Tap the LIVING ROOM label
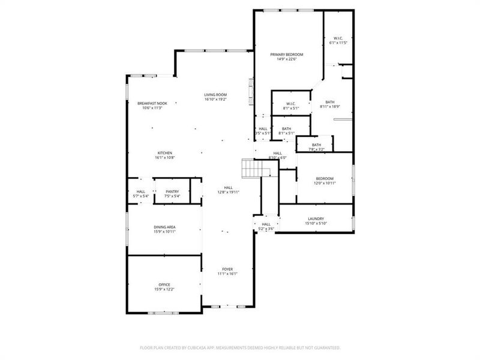tap(215, 95)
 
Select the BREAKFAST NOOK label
tap(152, 103)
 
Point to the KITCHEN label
tap(165, 153)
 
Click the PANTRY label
tap(172, 191)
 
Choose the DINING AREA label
tap(164, 227)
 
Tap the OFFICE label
tap(164, 284)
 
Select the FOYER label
tap(227, 269)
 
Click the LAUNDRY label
tap(316, 219)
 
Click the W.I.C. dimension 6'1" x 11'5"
tap(338, 43)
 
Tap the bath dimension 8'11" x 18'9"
tap(330, 107)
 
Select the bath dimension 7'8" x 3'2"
tap(316, 149)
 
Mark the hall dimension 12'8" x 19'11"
tap(228, 192)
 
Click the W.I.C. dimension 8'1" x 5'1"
tap(291, 108)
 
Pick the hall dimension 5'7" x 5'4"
tap(140, 196)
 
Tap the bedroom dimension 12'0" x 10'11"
tap(325, 183)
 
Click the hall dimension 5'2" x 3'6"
tap(266, 229)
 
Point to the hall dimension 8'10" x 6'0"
tap(278, 158)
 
